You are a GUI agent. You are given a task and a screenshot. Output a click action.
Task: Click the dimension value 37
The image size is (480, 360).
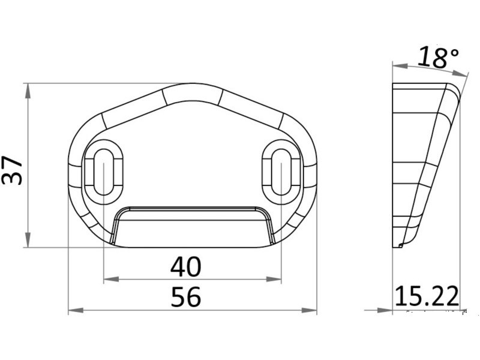[12, 170]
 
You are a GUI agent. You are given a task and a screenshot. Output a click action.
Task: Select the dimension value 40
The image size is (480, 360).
[186, 267]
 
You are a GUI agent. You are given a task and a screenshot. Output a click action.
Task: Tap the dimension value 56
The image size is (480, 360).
[186, 296]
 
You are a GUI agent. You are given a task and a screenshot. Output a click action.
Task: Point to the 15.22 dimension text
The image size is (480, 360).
[427, 296]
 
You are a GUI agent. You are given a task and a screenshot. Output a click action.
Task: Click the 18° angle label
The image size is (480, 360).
[439, 57]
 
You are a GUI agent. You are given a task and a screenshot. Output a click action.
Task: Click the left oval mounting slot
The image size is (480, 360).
[104, 172]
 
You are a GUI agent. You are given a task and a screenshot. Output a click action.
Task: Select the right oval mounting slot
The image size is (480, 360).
[281, 172]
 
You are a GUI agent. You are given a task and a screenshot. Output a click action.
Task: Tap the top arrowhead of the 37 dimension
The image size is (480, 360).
[28, 91]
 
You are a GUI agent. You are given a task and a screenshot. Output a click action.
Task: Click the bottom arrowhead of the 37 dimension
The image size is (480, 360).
[28, 239]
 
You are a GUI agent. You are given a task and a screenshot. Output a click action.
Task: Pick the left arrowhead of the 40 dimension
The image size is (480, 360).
[111, 279]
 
